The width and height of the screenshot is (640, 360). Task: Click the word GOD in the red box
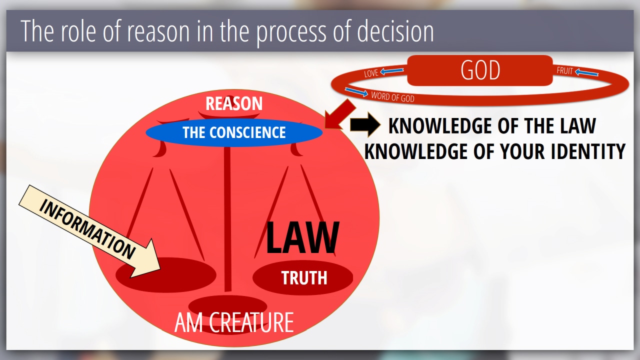(x=480, y=70)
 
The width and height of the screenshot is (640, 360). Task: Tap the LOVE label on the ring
(x=371, y=73)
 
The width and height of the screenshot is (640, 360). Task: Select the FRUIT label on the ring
(x=564, y=70)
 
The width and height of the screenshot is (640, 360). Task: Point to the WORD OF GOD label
(x=392, y=97)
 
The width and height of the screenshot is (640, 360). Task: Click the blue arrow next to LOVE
(x=392, y=70)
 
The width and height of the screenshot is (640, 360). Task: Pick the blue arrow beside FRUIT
(x=586, y=72)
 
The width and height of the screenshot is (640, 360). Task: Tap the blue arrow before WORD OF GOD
(x=356, y=92)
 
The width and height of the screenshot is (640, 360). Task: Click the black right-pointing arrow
(x=365, y=124)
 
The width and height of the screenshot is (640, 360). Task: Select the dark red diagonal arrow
(x=340, y=114)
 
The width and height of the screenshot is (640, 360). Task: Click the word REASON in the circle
(x=234, y=103)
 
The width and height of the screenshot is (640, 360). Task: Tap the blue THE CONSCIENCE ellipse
(x=234, y=132)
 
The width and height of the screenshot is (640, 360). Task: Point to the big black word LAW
(x=302, y=237)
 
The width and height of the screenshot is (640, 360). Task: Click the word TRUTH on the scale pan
(x=304, y=277)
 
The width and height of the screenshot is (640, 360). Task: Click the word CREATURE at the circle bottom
(x=251, y=322)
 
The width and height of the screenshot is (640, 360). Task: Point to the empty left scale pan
(x=165, y=275)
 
